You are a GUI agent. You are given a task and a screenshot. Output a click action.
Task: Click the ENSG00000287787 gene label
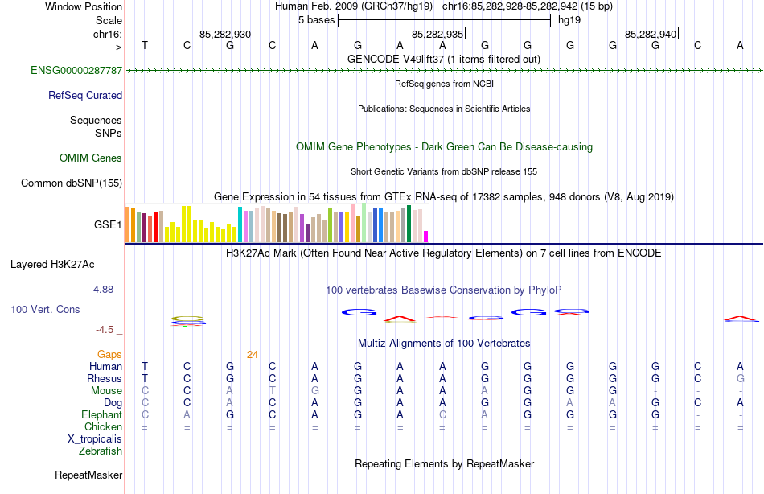pyautogui.click(x=76, y=71)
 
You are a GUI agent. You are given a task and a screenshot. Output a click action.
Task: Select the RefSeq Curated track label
pyautogui.click(x=85, y=95)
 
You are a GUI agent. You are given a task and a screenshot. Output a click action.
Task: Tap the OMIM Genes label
pyautogui.click(x=91, y=158)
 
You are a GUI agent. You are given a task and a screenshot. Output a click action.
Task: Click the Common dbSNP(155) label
pyautogui.click(x=72, y=183)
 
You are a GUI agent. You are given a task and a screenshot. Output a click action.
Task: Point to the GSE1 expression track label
pyautogui.click(x=108, y=224)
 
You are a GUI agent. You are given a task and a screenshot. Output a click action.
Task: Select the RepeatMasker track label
pyautogui.click(x=88, y=475)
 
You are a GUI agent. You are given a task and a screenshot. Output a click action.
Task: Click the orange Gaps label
pyautogui.click(x=109, y=354)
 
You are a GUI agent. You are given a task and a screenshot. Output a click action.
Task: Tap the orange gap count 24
pyautogui.click(x=253, y=354)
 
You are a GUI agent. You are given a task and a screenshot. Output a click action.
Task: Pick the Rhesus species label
pyautogui.click(x=105, y=378)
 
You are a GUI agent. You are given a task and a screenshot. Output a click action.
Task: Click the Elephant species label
pyautogui.click(x=101, y=414)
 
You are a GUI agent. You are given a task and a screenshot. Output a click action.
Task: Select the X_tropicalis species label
pyautogui.click(x=95, y=438)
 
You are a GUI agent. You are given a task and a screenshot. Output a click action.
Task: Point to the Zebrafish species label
pyautogui.click(x=101, y=451)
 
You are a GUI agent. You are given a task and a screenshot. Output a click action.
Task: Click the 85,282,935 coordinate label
pyautogui.click(x=437, y=34)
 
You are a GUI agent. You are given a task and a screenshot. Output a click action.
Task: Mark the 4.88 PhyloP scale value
pyautogui.click(x=107, y=289)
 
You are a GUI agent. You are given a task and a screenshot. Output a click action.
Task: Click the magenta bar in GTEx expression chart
pyautogui.click(x=426, y=236)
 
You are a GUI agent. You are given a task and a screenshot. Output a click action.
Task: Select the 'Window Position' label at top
pyautogui.click(x=84, y=6)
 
